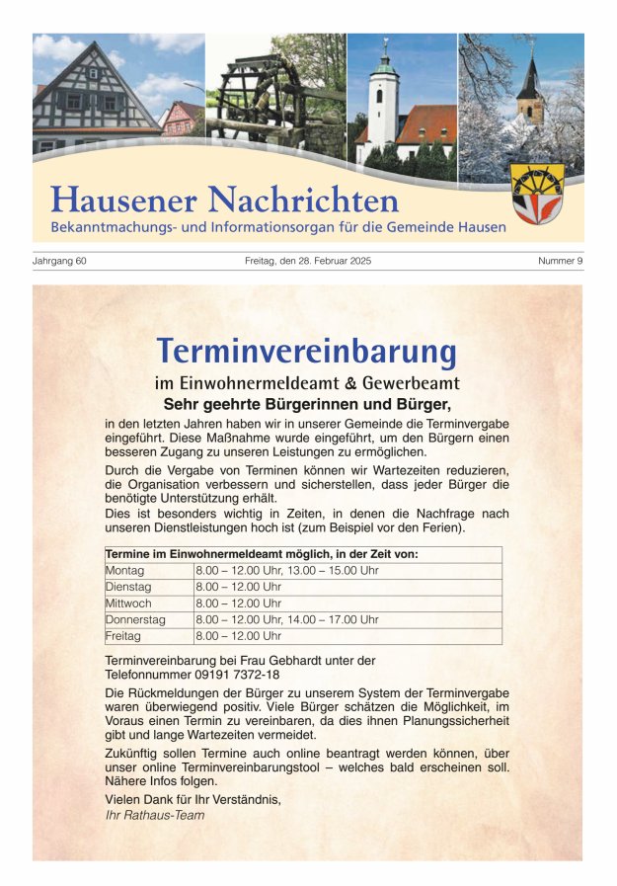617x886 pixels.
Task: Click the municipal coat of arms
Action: pyautogui.click(x=537, y=194)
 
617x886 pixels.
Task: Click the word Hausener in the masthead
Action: pyautogui.click(x=123, y=201)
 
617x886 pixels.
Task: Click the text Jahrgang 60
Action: pyautogui.click(x=60, y=261)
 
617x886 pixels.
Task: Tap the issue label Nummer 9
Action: pyautogui.click(x=560, y=261)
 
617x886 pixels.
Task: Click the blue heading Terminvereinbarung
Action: pyautogui.click(x=306, y=351)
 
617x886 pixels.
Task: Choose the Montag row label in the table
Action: pyautogui.click(x=124, y=571)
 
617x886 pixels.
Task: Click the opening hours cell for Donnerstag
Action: pyautogui.click(x=287, y=619)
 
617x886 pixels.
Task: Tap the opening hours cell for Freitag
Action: pyautogui.click(x=239, y=636)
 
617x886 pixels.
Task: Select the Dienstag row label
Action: pyautogui.click(x=127, y=587)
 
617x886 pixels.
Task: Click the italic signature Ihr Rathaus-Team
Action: pyautogui.click(x=155, y=815)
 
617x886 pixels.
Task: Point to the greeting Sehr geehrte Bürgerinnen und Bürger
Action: pyautogui.click(x=306, y=404)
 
